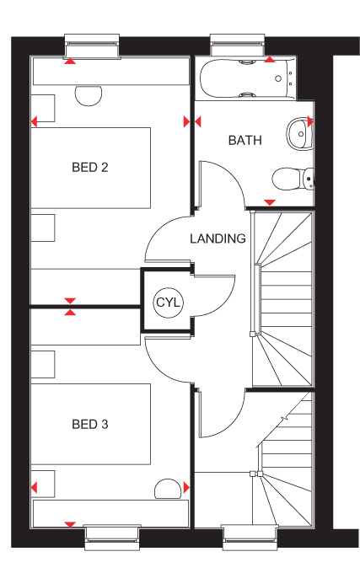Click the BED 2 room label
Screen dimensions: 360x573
pyautogui.click(x=90, y=168)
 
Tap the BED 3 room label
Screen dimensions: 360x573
pyautogui.click(x=90, y=424)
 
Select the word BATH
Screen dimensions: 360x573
pyautogui.click(x=244, y=141)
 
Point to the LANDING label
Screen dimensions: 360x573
pyautogui.click(x=218, y=238)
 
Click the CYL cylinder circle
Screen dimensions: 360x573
pyautogui.click(x=168, y=303)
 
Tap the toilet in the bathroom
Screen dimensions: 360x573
pyautogui.click(x=293, y=179)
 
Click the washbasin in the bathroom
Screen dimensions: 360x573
pyautogui.click(x=299, y=133)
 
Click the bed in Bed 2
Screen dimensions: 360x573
pyautogui.click(x=91, y=168)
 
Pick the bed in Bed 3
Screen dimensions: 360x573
pyautogui.click(x=91, y=424)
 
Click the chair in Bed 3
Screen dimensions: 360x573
pyautogui.click(x=168, y=489)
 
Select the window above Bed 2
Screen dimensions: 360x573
pyautogui.click(x=92, y=46)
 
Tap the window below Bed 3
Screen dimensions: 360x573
pyautogui.click(x=113, y=538)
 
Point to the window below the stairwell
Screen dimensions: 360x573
pyautogui.click(x=250, y=538)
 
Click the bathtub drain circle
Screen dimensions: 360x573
pyautogui.click(x=278, y=78)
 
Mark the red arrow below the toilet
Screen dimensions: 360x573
pyautogui.click(x=270, y=202)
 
